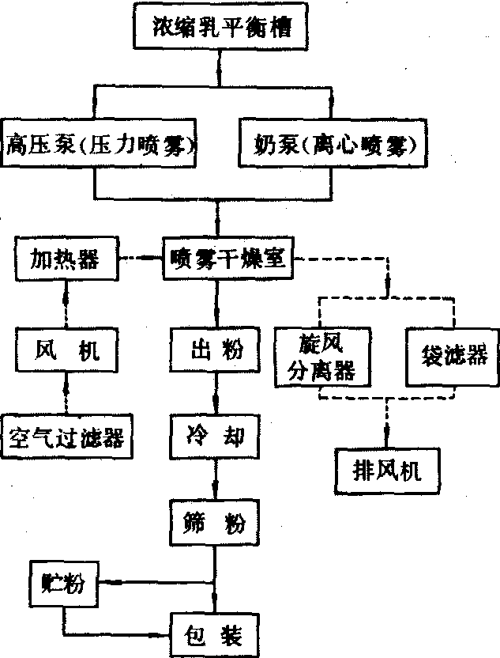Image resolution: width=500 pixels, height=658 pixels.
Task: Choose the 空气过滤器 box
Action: [66, 436]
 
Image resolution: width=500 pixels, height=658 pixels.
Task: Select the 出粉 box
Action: [209, 349]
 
